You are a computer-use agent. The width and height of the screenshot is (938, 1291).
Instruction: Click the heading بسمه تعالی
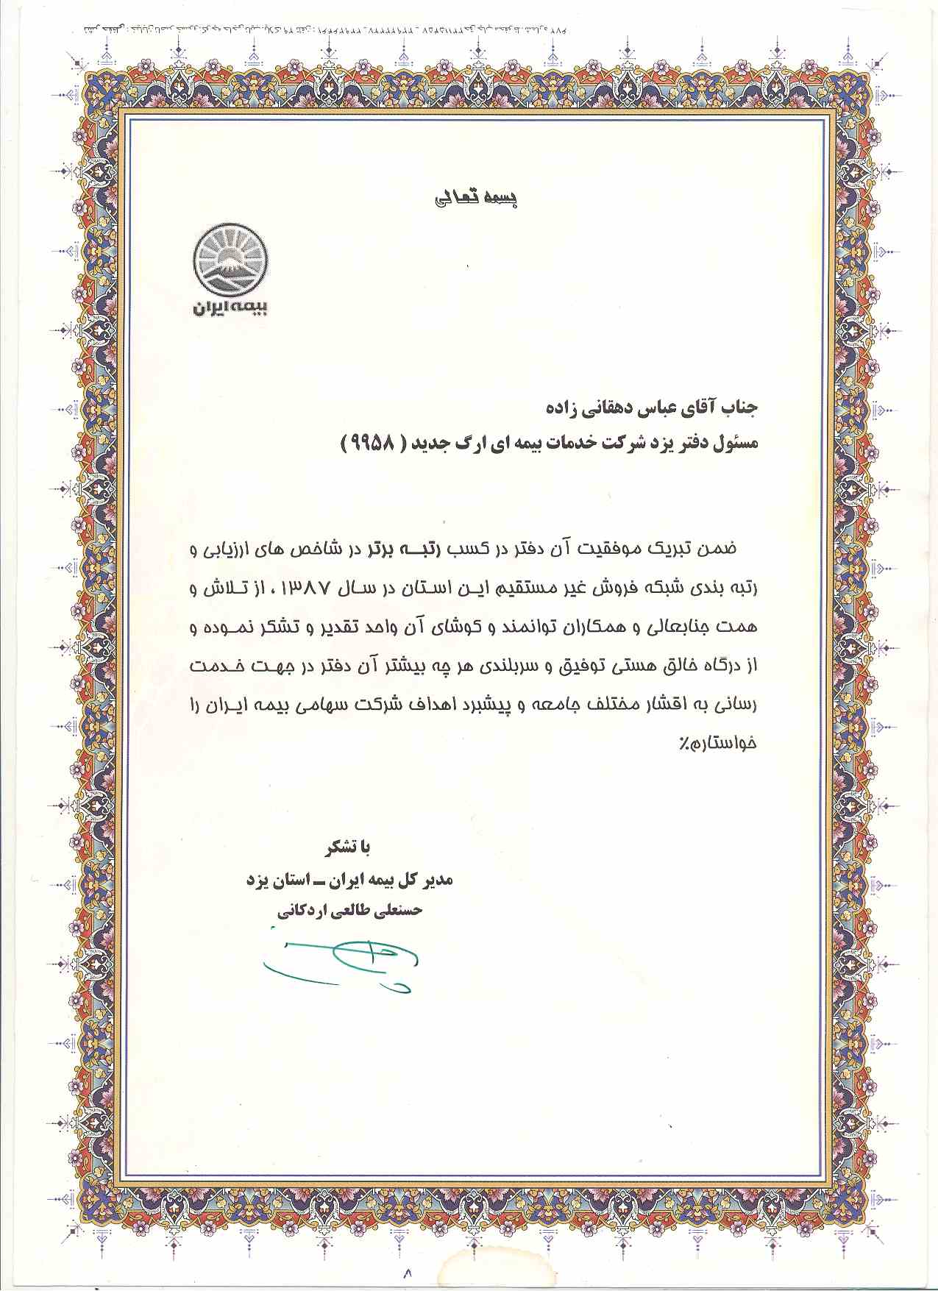(477, 199)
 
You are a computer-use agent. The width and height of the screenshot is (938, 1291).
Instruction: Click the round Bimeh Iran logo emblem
(230, 261)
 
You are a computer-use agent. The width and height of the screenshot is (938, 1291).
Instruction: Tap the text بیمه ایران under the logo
(230, 307)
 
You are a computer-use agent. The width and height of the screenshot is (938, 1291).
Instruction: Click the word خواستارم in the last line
(729, 743)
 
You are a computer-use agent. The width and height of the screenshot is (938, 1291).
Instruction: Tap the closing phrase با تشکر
(348, 847)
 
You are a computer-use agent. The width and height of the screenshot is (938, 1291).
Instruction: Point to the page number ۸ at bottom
(407, 1272)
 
